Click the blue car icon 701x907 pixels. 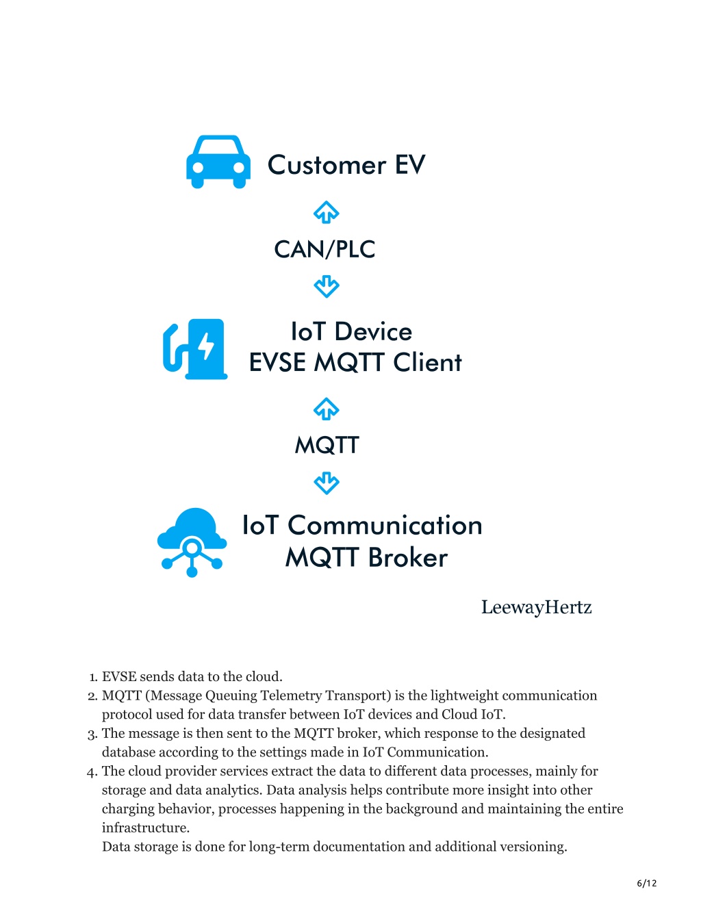[218, 162]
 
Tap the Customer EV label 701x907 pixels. [346, 165]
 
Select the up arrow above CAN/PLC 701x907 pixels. [327, 212]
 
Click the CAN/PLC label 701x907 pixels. [324, 249]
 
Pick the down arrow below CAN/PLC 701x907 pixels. [327, 286]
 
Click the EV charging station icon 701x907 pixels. [195, 349]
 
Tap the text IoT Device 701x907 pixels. [351, 332]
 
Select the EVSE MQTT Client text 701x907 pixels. [355, 362]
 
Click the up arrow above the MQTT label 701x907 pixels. [327, 409]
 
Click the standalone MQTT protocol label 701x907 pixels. [327, 445]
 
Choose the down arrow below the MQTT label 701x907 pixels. [327, 483]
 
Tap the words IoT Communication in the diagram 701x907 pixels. [362, 525]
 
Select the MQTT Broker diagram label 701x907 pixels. [366, 558]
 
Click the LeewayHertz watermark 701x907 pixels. [537, 608]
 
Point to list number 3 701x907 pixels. [92, 734]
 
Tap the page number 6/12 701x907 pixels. [647, 883]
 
